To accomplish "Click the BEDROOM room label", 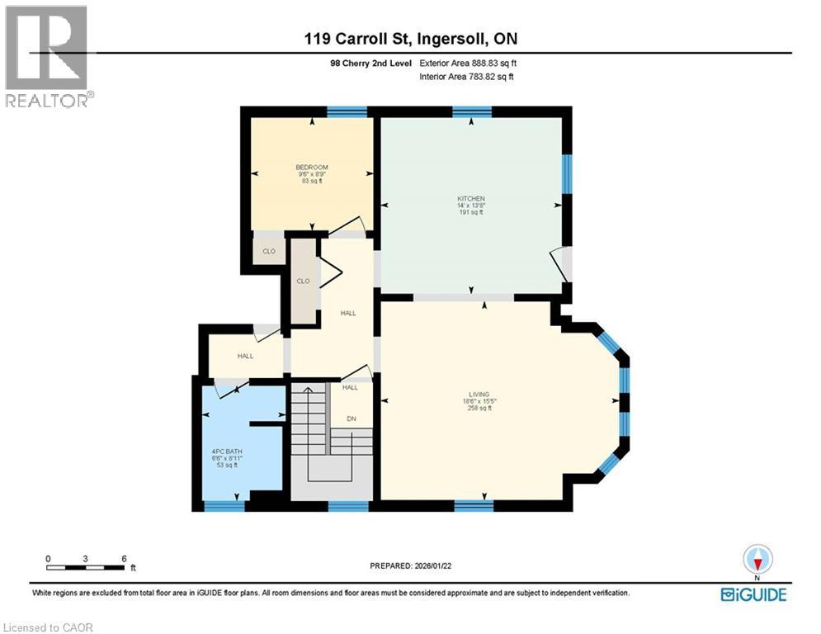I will pyautogui.click(x=312, y=168).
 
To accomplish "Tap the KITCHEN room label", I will pyautogui.click(x=471, y=199).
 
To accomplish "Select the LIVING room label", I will pyautogui.click(x=479, y=395).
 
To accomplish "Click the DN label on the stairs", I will pyautogui.click(x=351, y=419).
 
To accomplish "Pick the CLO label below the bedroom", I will pyautogui.click(x=268, y=252).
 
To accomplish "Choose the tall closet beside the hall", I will pyautogui.click(x=304, y=281).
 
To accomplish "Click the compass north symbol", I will pyautogui.click(x=757, y=561).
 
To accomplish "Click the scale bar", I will pyautogui.click(x=86, y=567).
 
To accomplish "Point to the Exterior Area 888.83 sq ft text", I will pyautogui.click(x=468, y=63).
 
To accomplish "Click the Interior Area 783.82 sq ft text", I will pyautogui.click(x=467, y=77).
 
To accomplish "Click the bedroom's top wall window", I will pyautogui.click(x=347, y=111).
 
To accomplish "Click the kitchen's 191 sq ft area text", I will pyautogui.click(x=471, y=212).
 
